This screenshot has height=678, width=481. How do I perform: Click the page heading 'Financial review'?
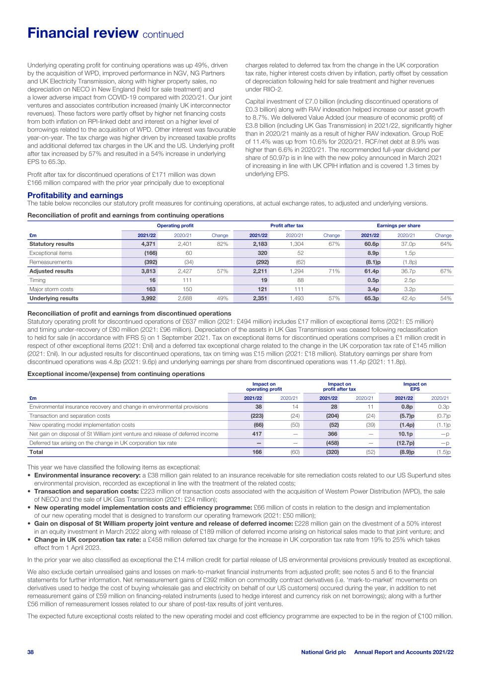coord(82,33)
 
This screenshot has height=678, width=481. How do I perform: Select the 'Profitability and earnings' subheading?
coord(75,196)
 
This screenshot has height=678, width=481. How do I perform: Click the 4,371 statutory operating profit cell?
coord(148,244)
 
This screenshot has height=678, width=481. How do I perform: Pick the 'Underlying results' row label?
coord(54,299)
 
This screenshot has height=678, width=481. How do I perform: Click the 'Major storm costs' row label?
coord(51,289)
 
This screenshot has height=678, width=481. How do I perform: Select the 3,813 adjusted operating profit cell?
coord(148,271)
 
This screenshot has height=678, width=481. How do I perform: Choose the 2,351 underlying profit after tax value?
coord(259,299)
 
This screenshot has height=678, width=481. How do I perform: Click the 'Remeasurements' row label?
coord(51,262)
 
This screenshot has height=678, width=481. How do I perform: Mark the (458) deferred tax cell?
coord(331,443)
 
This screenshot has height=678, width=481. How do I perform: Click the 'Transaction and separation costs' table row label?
coord(70,416)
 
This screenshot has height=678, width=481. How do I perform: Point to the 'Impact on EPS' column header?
coord(414,386)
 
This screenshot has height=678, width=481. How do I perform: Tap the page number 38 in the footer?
coord(31,652)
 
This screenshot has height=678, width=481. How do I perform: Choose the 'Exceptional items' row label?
coord(51,253)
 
